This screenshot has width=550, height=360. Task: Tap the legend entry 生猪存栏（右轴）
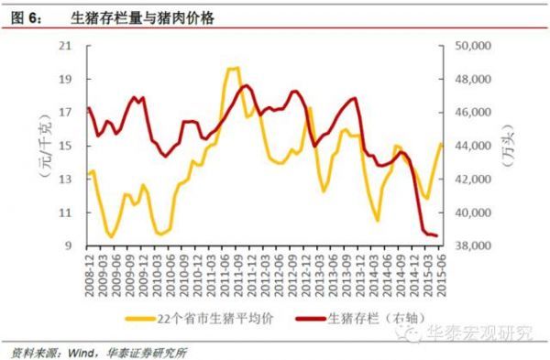(365, 319)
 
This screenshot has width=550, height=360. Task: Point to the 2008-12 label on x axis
(90, 272)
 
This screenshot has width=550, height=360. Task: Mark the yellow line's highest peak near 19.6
(233, 68)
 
